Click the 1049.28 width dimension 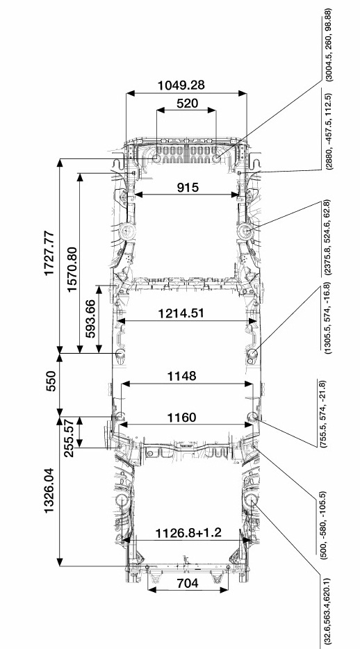coord(181,85)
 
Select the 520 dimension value coord(187,103)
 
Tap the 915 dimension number coord(188,188)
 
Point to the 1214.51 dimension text coord(181,313)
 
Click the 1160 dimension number coord(181,417)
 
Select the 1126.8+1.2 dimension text coord(188,533)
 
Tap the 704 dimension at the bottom coord(188,583)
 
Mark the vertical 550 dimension coord(51,382)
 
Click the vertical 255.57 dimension coord(69,438)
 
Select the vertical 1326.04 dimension coord(49,491)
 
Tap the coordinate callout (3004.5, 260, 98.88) coord(328,44)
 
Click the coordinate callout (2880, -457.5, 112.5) coord(328,131)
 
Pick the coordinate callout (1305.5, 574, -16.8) coord(328,318)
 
